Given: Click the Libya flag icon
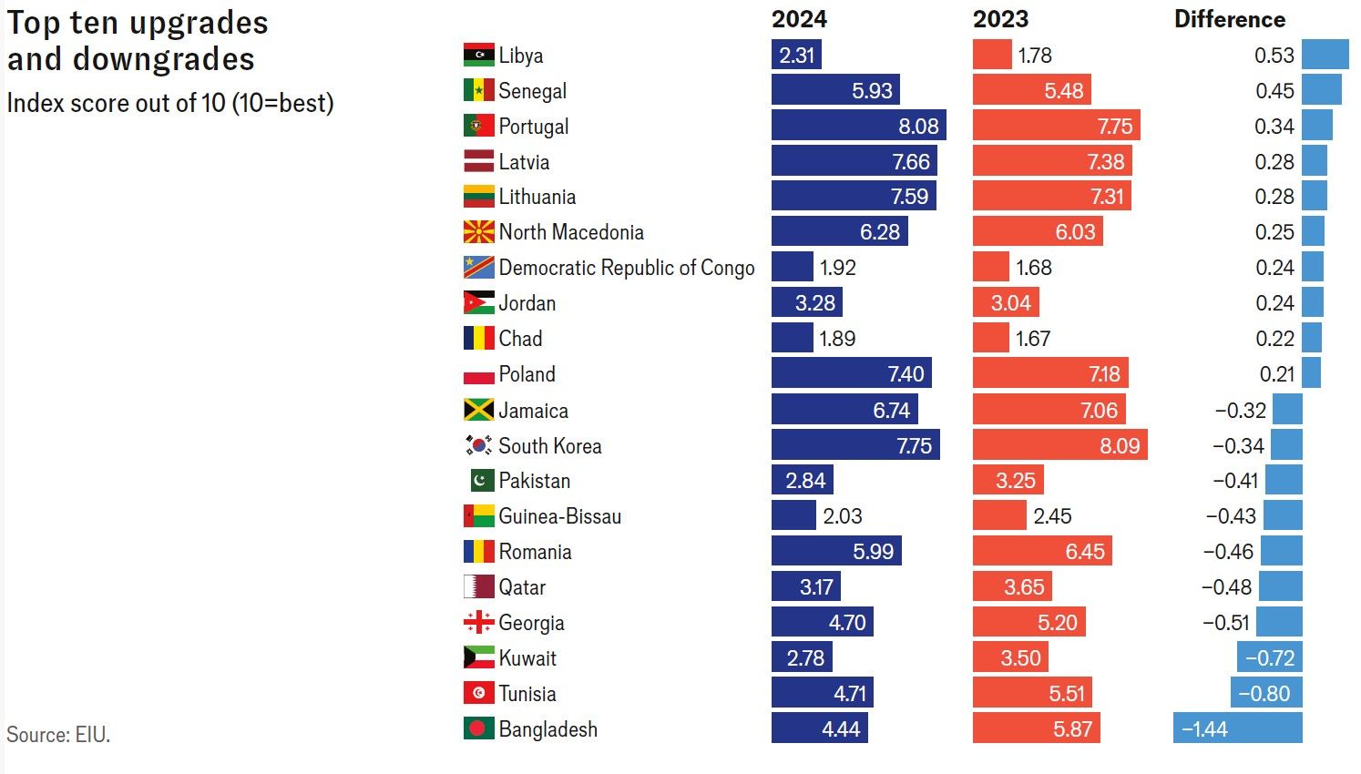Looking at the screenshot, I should [x=478, y=55].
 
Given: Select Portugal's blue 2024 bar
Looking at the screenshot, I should [x=858, y=126].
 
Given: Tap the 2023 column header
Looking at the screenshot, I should [x=1000, y=19].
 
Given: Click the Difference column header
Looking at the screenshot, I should [x=1229, y=19].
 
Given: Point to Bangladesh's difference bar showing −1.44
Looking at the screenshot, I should [x=1237, y=728].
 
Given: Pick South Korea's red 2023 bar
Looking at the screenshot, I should [x=1059, y=445].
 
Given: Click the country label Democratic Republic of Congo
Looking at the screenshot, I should [x=626, y=268].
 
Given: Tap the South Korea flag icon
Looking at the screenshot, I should [x=478, y=445].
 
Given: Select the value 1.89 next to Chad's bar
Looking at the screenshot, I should [x=837, y=339].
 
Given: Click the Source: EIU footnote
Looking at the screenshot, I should [x=58, y=735].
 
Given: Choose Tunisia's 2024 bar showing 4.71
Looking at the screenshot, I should [x=822, y=693].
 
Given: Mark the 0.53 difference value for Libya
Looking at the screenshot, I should [x=1274, y=55].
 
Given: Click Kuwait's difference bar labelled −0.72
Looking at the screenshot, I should [x=1269, y=657].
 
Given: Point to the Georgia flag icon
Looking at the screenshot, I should [x=478, y=623].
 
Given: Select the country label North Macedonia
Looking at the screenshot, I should [x=570, y=232].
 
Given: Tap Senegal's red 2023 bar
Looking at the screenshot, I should [x=1031, y=90].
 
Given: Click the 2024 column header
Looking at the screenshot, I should [x=799, y=19].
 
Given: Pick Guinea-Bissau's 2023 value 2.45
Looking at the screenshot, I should [x=1052, y=516].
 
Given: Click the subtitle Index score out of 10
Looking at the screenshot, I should [x=170, y=103].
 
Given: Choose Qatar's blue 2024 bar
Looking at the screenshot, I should [x=805, y=586].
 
